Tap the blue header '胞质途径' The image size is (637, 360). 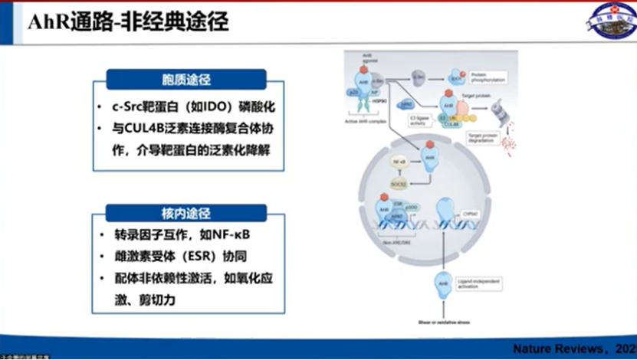[x=186, y=79]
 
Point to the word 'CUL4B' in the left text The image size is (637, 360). [x=147, y=129]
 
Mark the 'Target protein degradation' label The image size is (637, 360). [x=484, y=138]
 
